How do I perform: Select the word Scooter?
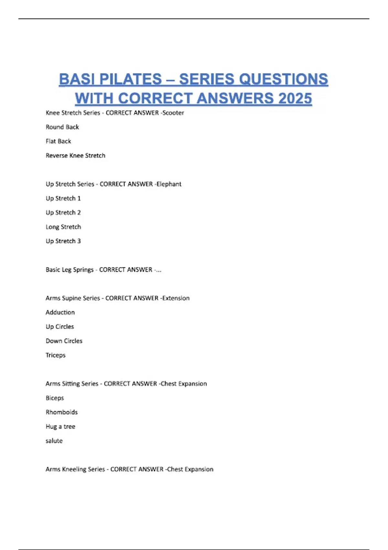coord(173,113)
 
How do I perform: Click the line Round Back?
coord(62,127)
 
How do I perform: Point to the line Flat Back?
coord(59,141)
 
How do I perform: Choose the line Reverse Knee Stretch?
coord(76,156)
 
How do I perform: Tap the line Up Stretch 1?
coord(63,198)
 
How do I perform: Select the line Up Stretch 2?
coord(63,213)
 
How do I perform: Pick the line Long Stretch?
coord(63,227)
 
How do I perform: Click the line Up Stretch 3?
coord(63,241)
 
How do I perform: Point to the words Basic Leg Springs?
coord(70,270)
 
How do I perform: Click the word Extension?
coord(176,298)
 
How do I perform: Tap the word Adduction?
coord(60,313)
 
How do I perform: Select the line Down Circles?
coord(64,341)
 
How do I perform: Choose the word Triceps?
coord(56,355)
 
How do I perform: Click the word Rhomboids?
coord(62,412)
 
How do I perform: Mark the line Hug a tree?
coord(60,426)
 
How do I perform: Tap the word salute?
coord(54,441)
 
